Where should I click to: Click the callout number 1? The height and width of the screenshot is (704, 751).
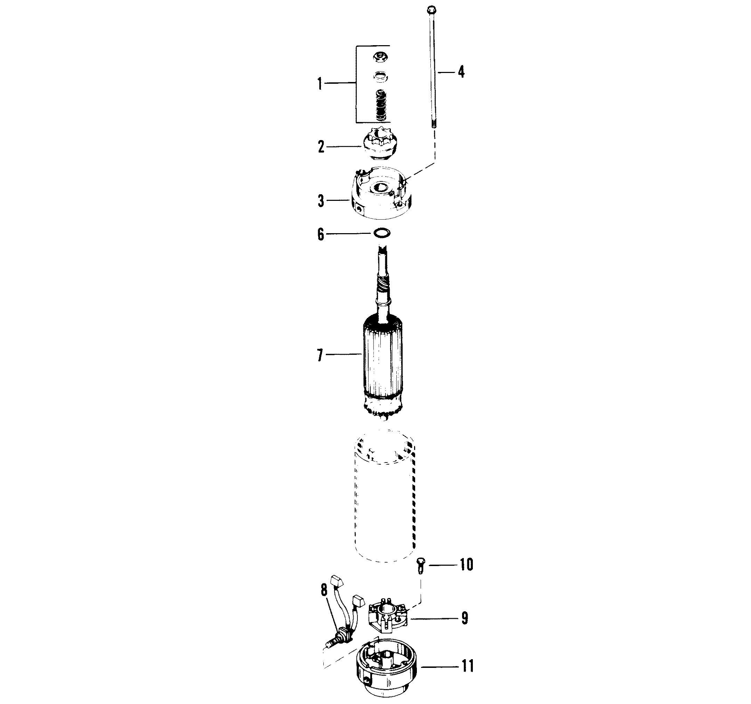click(320, 83)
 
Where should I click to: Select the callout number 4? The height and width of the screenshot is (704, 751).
click(461, 71)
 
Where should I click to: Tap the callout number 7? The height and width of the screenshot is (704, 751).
click(320, 355)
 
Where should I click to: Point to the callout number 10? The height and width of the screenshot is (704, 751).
click(466, 564)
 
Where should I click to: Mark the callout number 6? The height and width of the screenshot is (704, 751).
click(321, 235)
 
